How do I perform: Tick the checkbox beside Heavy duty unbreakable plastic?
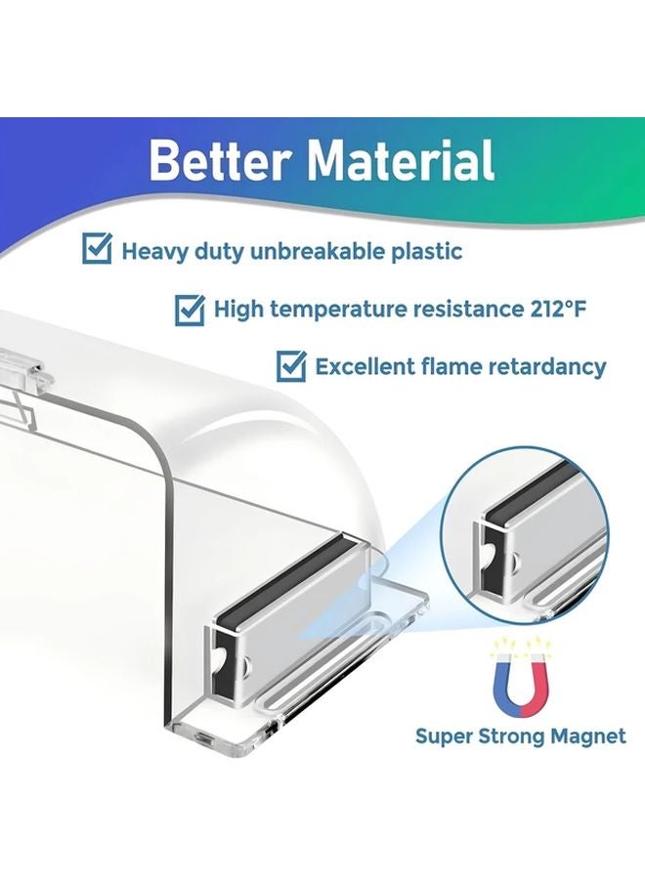click(x=97, y=249)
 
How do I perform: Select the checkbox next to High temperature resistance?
click(x=190, y=310)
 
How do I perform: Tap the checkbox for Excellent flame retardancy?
click(x=291, y=366)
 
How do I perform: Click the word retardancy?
click(x=545, y=367)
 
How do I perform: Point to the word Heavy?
click(x=151, y=250)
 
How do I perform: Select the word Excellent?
click(x=365, y=367)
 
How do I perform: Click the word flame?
click(x=456, y=367)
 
